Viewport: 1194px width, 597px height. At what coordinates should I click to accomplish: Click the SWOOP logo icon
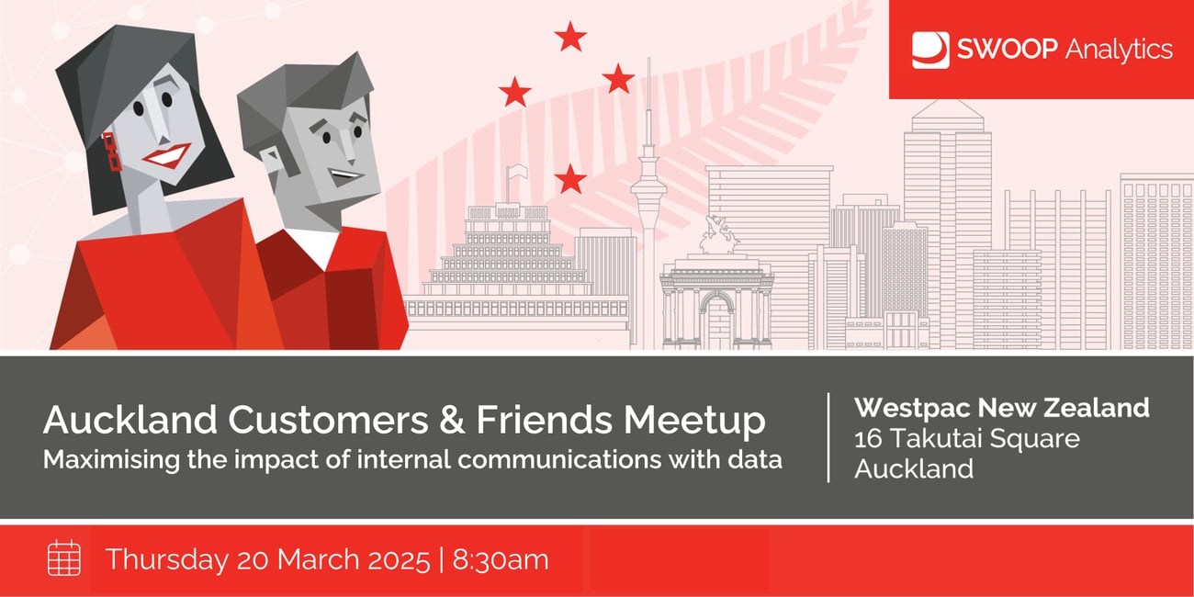[930, 51]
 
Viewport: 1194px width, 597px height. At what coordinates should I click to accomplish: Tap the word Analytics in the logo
[1119, 50]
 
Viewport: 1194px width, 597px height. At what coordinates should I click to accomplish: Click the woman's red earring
[112, 152]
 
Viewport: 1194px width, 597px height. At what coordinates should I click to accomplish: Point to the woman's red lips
[166, 155]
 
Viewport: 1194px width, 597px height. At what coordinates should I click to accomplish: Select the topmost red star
[570, 37]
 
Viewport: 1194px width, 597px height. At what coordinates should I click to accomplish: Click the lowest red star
[570, 179]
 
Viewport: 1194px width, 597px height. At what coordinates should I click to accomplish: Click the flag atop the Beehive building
[516, 174]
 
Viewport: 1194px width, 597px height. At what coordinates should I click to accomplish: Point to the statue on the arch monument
[717, 234]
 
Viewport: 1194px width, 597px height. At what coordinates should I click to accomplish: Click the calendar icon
[64, 558]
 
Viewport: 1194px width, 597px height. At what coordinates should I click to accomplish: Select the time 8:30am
[501, 559]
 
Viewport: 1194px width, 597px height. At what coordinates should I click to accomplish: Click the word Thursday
[167, 559]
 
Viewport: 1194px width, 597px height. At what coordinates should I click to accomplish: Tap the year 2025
[398, 559]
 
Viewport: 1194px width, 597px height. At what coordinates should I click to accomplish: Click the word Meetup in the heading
[694, 421]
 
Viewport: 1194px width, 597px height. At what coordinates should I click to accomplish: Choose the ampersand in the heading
[452, 420]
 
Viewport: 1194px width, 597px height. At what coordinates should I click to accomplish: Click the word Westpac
[912, 408]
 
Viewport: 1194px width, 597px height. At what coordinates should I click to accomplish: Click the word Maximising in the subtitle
[111, 459]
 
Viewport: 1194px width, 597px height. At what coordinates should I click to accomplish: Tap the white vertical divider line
[828, 437]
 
